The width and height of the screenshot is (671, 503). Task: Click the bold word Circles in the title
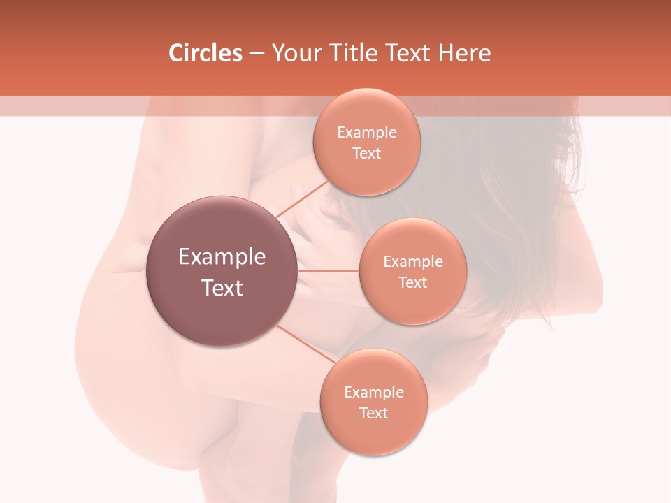tap(205, 53)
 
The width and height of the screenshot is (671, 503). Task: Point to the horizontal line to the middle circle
tap(329, 271)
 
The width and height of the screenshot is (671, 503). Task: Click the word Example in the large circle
tap(222, 257)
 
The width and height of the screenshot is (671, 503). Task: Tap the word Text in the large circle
tap(222, 288)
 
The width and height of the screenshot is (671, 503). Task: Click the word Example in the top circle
tap(367, 133)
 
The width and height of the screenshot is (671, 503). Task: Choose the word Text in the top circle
tap(367, 153)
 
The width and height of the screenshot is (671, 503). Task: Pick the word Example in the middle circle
tap(413, 262)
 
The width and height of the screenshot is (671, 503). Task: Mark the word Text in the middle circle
tap(413, 282)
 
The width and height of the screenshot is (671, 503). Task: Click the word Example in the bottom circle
tap(374, 393)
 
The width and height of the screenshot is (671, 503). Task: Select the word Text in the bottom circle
tap(374, 413)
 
